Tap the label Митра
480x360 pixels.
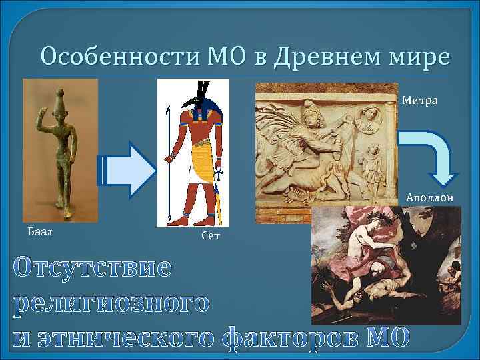(x=420, y=101)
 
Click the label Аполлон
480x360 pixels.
(x=430, y=198)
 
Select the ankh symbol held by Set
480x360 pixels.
(x=218, y=177)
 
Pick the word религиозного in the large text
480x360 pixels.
(x=111, y=303)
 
